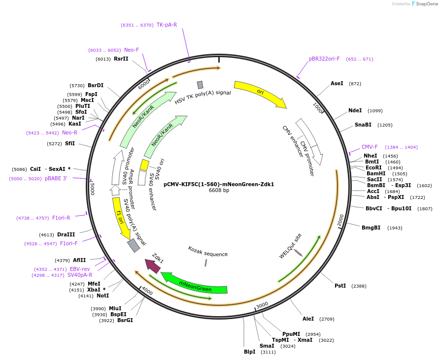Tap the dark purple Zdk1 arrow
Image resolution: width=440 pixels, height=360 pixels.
152,265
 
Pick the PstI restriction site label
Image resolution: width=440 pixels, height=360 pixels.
340,286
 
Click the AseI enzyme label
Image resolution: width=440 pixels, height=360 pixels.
337,83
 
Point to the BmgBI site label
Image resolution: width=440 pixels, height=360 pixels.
371,228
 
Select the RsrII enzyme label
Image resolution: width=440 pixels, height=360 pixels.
121,59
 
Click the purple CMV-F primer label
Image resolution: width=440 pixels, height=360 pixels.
370,147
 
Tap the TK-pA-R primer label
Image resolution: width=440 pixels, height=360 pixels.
167,25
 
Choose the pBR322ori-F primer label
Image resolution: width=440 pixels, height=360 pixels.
324,59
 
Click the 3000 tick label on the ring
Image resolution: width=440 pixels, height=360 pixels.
262,305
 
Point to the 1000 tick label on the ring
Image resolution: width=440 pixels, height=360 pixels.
318,108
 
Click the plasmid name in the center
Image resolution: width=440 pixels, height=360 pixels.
219,184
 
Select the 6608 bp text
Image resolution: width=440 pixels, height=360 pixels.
219,190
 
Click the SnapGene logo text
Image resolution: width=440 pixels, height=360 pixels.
427,3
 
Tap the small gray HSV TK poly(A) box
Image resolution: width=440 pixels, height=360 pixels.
200,85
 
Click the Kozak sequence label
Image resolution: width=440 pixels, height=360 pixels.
207,252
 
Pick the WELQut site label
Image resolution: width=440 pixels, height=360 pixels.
290,246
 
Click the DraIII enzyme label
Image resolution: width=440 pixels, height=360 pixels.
66,234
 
